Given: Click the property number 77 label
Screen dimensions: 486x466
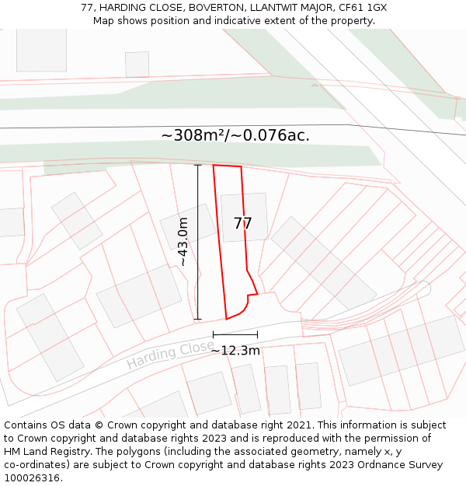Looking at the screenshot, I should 243,224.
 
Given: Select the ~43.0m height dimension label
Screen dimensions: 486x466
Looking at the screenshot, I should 183,242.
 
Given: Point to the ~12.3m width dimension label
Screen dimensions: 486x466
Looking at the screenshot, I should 235,351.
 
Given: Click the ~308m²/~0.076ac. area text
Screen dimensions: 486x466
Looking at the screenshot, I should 235,135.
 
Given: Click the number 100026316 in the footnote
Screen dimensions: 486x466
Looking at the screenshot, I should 30,477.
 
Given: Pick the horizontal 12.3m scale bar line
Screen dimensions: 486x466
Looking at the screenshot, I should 235,334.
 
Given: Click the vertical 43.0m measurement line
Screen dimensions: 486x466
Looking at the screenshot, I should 197,242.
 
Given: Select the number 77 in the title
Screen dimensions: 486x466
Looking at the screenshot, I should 87,8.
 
